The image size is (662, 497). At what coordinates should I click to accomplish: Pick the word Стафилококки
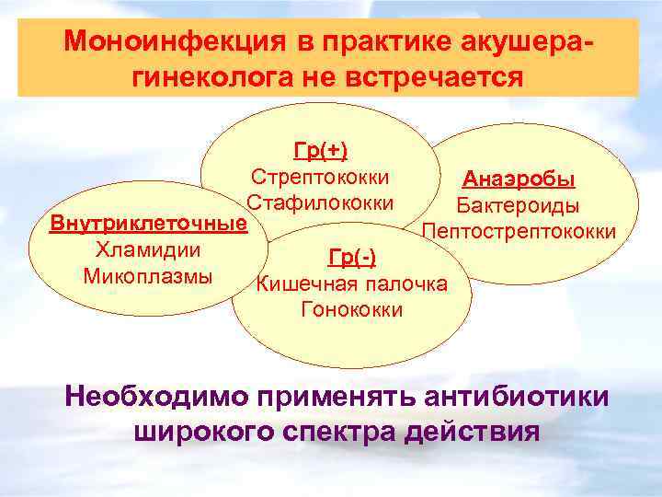click(x=320, y=202)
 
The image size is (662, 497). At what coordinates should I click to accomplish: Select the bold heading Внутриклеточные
click(x=148, y=224)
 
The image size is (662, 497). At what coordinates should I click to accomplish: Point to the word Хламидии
click(x=148, y=249)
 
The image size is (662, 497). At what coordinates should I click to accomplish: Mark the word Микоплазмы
click(x=148, y=275)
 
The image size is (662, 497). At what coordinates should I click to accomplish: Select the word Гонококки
click(x=351, y=308)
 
